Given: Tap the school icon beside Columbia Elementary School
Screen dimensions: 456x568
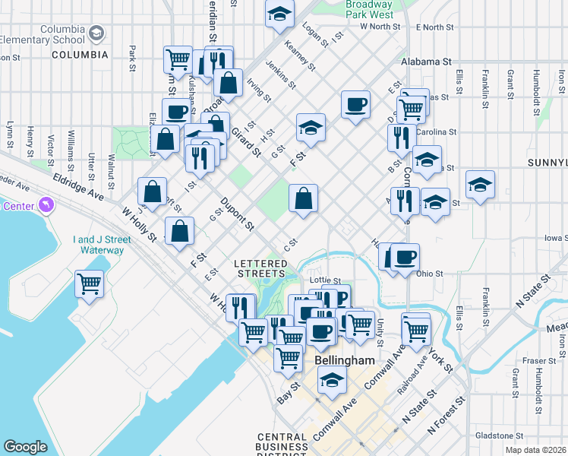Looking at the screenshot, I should [96, 33].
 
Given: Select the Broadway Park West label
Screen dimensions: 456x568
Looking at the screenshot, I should [369, 9].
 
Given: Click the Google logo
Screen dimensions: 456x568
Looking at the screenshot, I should [25, 447].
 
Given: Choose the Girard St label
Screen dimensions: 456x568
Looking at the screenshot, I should [246, 141].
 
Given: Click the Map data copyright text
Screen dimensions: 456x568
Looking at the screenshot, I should [536, 450].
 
